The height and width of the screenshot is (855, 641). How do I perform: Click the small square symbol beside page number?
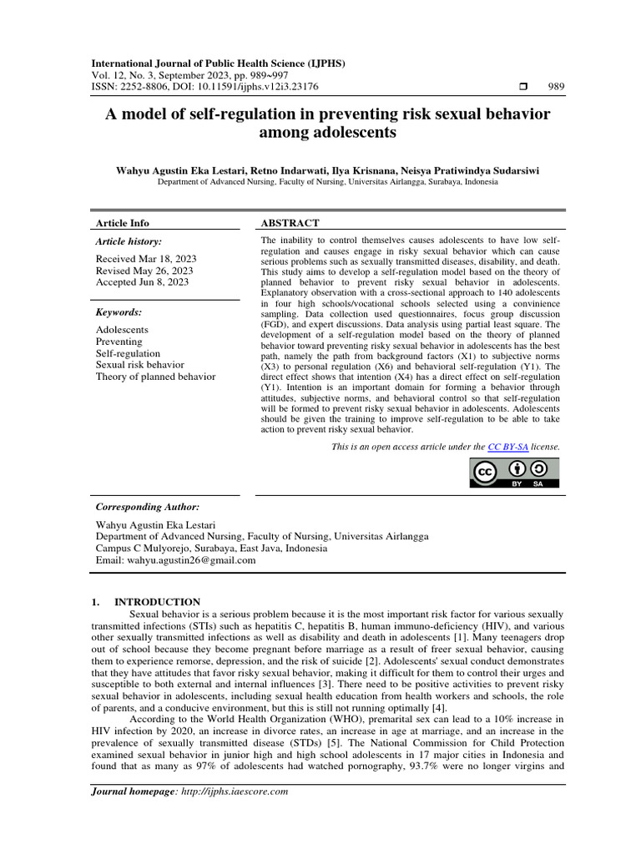point(524,87)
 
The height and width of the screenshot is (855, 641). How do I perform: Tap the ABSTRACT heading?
point(290,223)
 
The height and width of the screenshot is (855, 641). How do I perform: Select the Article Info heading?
point(123,223)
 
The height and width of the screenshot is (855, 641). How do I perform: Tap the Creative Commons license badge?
point(512,473)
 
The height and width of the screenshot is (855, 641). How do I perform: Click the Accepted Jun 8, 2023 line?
point(141,283)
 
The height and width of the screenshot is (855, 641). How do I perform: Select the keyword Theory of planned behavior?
point(155,377)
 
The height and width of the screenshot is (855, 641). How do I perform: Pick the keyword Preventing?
point(119,341)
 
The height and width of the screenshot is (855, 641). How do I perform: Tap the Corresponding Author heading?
point(148,507)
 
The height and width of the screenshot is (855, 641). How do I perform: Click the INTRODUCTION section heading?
point(157,601)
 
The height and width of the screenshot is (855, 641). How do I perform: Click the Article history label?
point(130,241)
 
